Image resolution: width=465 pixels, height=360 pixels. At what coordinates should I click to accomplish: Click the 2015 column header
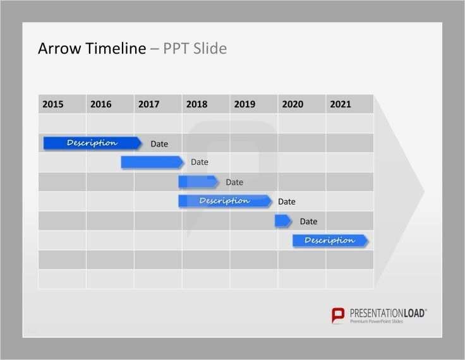(53, 104)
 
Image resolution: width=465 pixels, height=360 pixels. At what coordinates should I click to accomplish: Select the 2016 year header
(101, 104)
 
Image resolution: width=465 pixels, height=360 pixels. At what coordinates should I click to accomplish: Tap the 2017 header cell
(148, 104)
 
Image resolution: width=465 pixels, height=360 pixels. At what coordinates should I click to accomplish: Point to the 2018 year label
(196, 104)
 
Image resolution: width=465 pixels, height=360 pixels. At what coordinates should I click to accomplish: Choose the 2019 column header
(245, 104)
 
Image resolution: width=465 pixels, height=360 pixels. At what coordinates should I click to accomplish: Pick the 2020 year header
(293, 104)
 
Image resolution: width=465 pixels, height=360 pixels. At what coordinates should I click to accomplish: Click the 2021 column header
(341, 104)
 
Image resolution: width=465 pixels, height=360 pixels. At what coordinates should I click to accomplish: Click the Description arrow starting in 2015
(92, 143)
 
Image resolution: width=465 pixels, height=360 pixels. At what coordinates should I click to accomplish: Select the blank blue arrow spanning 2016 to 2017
(152, 162)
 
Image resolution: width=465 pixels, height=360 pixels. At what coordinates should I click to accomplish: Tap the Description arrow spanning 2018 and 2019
(224, 201)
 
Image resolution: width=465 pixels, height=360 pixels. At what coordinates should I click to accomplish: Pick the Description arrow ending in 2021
(330, 240)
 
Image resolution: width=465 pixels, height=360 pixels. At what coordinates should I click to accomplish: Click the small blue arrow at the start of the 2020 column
(283, 220)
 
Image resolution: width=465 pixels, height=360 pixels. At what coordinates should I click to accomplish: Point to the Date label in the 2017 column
(159, 144)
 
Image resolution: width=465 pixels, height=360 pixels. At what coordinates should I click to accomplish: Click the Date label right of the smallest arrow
(308, 222)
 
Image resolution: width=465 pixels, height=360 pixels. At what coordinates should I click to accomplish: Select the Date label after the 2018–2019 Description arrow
(287, 202)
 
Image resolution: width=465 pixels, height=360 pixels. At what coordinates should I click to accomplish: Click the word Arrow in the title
(57, 49)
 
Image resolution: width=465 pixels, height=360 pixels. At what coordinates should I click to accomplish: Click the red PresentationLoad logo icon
(339, 316)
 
